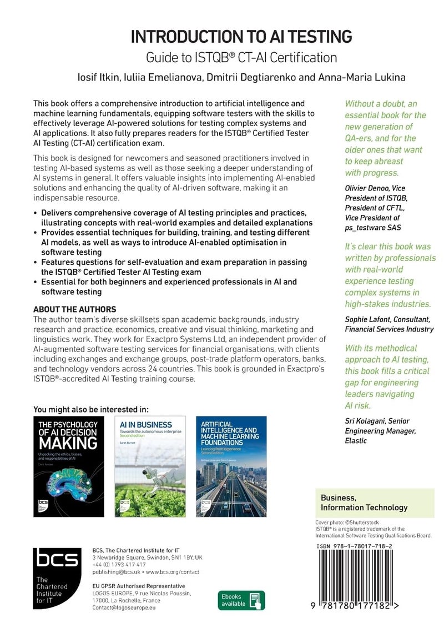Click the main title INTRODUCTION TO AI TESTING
(x=241, y=37)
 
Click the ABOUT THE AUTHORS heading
(x=75, y=309)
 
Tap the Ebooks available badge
(x=241, y=600)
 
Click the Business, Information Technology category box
(x=375, y=503)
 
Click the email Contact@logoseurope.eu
(x=124, y=608)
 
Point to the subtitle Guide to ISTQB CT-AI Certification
(x=241, y=57)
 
